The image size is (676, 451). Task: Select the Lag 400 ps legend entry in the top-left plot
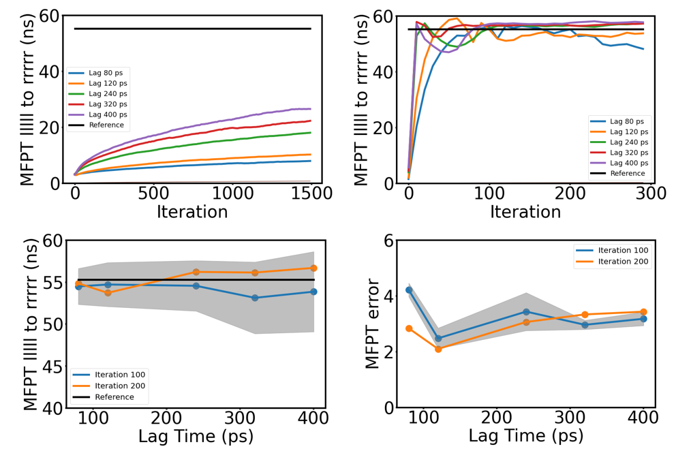point(106,115)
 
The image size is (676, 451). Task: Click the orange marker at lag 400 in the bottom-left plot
point(313,268)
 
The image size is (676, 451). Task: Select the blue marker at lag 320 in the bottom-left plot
point(255,298)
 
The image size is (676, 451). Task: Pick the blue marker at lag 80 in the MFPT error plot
point(409,290)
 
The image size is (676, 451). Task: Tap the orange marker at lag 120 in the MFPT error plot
point(438,349)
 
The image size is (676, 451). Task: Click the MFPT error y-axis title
point(372,324)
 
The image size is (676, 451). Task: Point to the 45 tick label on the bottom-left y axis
point(52,367)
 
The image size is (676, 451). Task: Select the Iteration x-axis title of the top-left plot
point(192,211)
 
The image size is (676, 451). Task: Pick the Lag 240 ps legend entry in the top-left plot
point(106,94)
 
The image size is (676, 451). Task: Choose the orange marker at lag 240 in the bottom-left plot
point(196,272)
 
